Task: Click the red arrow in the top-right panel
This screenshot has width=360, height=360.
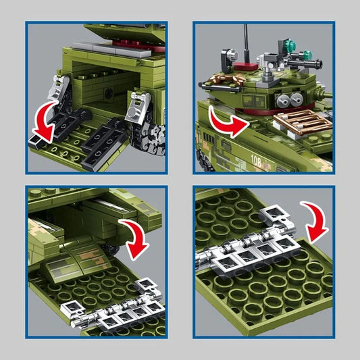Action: pyautogui.click(x=228, y=123)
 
